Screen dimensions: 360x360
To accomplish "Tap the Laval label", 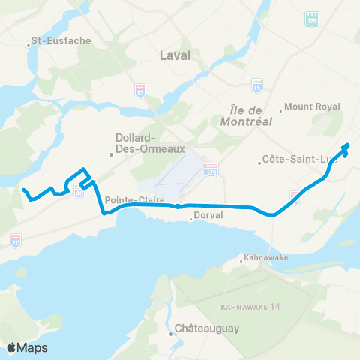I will (175, 55).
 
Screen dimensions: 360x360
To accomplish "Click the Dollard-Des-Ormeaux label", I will (136, 142).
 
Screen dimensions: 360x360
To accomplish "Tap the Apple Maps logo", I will (27, 347).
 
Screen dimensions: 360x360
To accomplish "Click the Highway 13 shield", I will (139, 89).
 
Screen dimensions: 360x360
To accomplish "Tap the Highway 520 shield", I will (212, 169).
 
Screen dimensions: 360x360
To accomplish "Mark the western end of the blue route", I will (22, 189).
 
